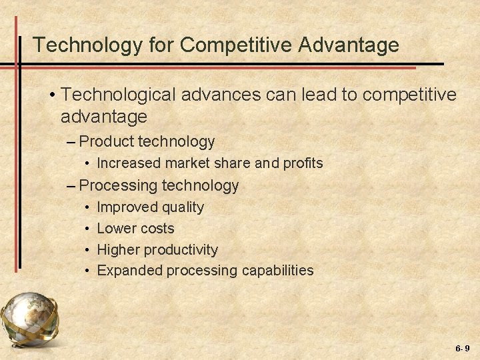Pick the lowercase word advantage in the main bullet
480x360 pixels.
pyautogui.click(x=103, y=117)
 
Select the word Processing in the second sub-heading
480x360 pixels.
pyautogui.click(x=118, y=185)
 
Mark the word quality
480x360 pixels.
pyautogui.click(x=181, y=207)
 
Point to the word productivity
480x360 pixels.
pyautogui.click(x=179, y=250)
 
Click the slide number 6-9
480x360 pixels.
pyautogui.click(x=463, y=349)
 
